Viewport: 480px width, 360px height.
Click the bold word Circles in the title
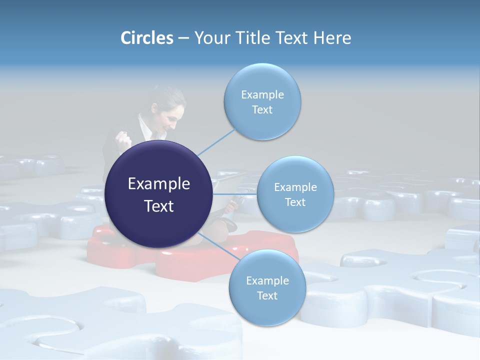point(146,38)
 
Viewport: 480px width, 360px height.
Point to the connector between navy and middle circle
point(235,194)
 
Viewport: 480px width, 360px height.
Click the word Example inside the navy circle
point(158,184)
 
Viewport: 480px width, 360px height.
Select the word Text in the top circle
point(262,110)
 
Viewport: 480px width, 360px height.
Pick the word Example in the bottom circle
point(267,280)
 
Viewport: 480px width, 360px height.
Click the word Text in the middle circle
point(295,202)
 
